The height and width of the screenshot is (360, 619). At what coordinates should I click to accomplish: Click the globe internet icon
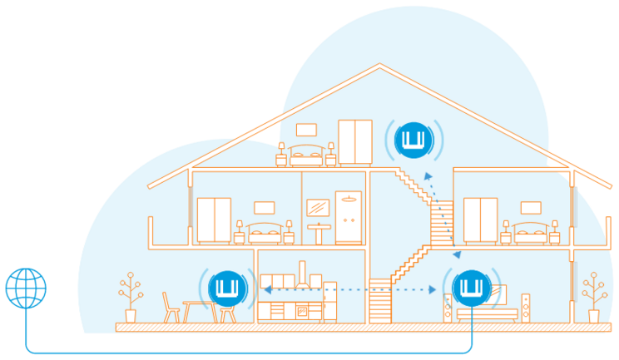tap(26, 288)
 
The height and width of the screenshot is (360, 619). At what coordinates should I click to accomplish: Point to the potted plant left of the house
tap(130, 298)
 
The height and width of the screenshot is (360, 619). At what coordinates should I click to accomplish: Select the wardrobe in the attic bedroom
tap(354, 141)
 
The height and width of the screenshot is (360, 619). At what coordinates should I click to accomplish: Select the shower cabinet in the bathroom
tap(346, 219)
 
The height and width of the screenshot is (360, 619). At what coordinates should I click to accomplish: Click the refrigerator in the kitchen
tap(329, 301)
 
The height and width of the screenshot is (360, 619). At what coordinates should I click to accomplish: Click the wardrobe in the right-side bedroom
tap(480, 219)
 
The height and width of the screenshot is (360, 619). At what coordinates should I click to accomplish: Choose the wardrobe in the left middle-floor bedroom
tap(214, 219)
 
